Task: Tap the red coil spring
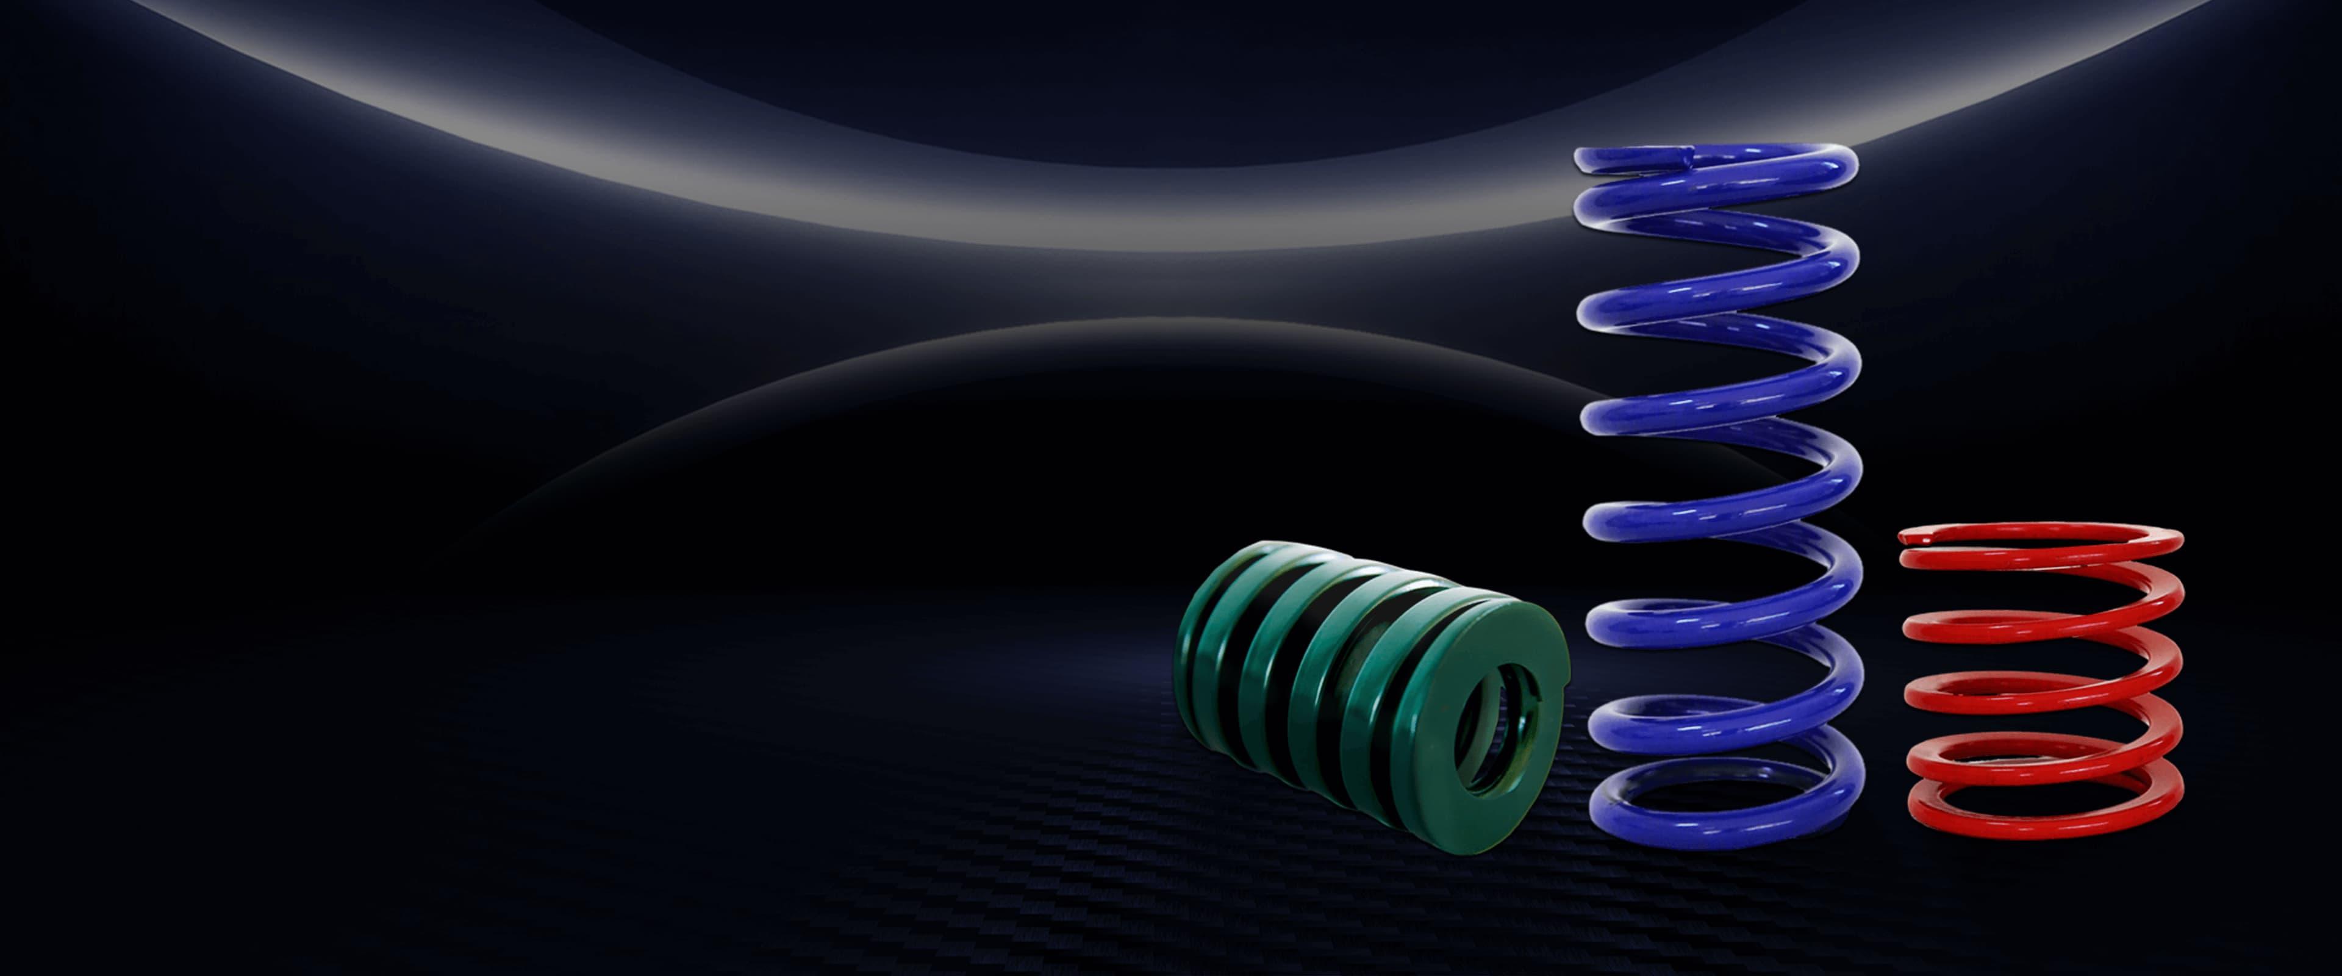point(2041,678)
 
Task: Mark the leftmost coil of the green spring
point(1200,655)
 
